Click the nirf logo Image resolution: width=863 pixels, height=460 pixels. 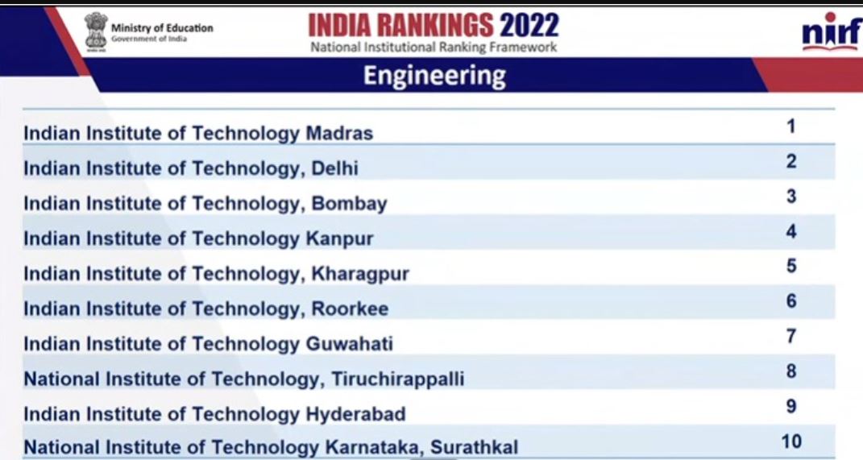[x=831, y=33]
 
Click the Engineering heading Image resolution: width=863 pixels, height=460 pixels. [x=434, y=76]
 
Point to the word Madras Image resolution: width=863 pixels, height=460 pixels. [x=339, y=134]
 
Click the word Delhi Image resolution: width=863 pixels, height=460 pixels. [x=335, y=168]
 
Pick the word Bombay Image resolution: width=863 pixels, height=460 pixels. [x=349, y=204]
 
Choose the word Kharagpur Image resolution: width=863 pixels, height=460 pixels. [x=360, y=274]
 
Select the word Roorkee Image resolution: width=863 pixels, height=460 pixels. [x=350, y=309]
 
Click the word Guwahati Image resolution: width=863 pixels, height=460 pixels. [x=350, y=344]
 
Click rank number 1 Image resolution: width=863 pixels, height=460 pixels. [x=791, y=126]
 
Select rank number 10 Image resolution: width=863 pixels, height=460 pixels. [x=791, y=441]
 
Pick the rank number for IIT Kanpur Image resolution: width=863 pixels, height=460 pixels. [x=791, y=231]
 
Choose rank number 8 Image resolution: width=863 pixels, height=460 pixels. [x=791, y=371]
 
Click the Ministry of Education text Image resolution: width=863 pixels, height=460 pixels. [x=162, y=28]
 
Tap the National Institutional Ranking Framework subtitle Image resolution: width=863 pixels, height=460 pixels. [x=434, y=48]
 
